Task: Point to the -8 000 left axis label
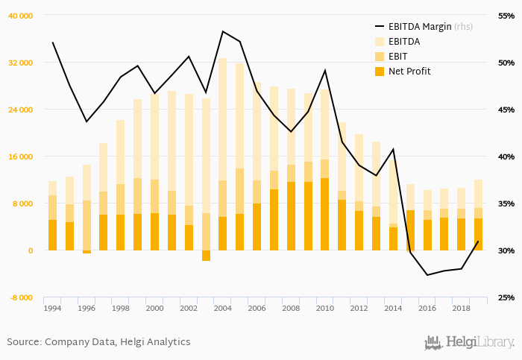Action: pos(21,297)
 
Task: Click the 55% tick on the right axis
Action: pos(506,16)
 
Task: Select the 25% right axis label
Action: pos(506,297)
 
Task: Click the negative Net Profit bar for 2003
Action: pos(206,256)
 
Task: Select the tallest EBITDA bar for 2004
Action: pos(223,119)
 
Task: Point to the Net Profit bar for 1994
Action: pos(52,235)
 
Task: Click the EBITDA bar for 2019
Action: pos(478,194)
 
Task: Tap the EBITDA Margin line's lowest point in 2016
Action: pos(427,275)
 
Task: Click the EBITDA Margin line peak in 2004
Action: pos(223,31)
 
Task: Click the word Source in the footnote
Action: pos(24,342)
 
